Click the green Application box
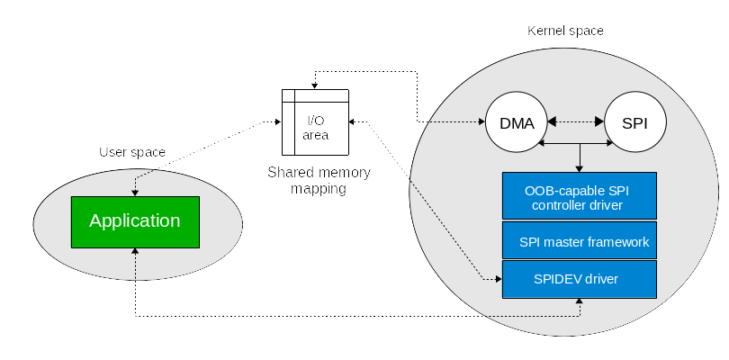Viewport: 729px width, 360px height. pyautogui.click(x=135, y=222)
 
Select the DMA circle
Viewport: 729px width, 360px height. pyautogui.click(x=517, y=122)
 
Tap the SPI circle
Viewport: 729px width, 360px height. pyautogui.click(x=635, y=122)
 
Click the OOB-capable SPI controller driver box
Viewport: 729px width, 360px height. pyautogui.click(x=580, y=196)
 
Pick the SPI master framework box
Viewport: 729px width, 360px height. pyautogui.click(x=580, y=240)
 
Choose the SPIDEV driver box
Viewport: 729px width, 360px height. pyautogui.click(x=580, y=279)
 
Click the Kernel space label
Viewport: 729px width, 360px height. pyautogui.click(x=565, y=31)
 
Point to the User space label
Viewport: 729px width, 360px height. pyautogui.click(x=132, y=152)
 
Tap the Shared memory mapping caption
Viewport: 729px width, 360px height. pyautogui.click(x=319, y=181)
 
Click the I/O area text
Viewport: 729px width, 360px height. pyautogui.click(x=316, y=128)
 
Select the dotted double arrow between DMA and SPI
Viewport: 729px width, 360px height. pyautogui.click(x=576, y=121)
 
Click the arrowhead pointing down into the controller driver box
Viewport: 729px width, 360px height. pyautogui.click(x=580, y=169)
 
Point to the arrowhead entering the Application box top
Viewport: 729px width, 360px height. pyautogui.click(x=135, y=193)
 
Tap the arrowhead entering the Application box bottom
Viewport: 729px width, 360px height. pyautogui.click(x=135, y=251)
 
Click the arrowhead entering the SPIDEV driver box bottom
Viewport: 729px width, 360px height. pyautogui.click(x=580, y=301)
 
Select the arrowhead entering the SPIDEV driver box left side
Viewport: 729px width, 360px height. pyautogui.click(x=499, y=279)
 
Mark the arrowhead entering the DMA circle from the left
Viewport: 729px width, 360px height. pyautogui.click(x=481, y=121)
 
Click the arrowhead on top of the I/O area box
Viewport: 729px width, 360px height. pyautogui.click(x=315, y=86)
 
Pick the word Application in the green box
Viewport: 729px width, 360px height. pyautogui.click(x=135, y=220)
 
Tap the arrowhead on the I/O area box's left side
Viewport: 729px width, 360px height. pyautogui.click(x=278, y=121)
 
